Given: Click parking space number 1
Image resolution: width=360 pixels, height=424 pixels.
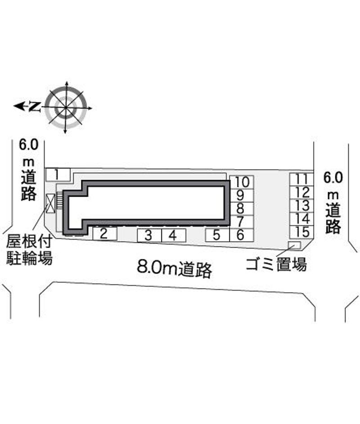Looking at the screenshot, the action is tap(58, 174).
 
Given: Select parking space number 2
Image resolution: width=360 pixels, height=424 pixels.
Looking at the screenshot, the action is tap(105, 234).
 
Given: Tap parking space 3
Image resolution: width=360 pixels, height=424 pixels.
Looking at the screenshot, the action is tap(149, 235).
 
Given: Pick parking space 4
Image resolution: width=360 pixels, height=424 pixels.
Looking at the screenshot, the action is tap(174, 235).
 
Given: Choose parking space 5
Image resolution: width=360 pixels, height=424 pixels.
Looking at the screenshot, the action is tap(217, 235).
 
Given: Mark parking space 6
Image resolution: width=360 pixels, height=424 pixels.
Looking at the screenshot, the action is tap(242, 235).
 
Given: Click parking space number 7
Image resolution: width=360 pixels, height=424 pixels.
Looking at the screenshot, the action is tap(242, 222).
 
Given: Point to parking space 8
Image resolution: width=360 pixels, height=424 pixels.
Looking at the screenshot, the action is tap(242, 209).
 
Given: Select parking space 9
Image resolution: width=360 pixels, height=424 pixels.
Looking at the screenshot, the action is tap(242, 195).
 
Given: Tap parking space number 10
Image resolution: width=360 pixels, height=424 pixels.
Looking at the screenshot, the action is tap(242, 182).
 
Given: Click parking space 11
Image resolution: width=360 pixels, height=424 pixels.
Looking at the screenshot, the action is tap(301, 179).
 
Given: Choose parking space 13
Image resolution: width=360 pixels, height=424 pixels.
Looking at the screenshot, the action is tap(301, 206).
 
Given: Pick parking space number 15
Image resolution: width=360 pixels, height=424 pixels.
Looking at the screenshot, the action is tap(301, 232).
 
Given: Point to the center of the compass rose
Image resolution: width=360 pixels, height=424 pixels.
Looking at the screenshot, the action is tap(66, 108).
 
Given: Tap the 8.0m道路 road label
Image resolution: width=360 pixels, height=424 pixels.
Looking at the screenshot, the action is tap(174, 269).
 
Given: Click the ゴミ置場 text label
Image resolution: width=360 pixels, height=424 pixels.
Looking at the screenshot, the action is tap(276, 264).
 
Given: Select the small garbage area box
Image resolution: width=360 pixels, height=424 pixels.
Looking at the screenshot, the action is tap(294, 245).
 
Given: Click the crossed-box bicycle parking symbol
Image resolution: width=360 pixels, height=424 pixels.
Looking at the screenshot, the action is tap(50, 203).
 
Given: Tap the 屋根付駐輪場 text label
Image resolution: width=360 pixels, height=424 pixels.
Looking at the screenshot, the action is tap(29, 250).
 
